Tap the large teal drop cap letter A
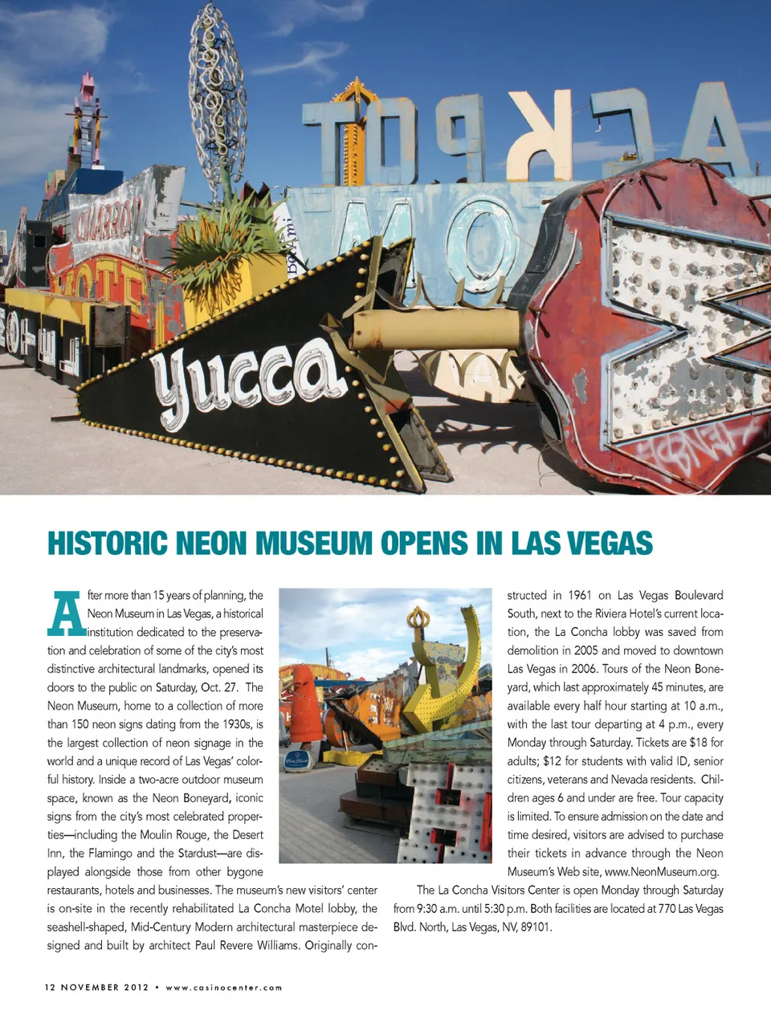[x=67, y=613]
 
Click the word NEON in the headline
[x=212, y=544]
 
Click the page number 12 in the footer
[x=50, y=987]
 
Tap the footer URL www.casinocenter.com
[x=224, y=988]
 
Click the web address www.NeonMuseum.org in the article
[x=661, y=872]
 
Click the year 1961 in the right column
[x=579, y=595]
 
